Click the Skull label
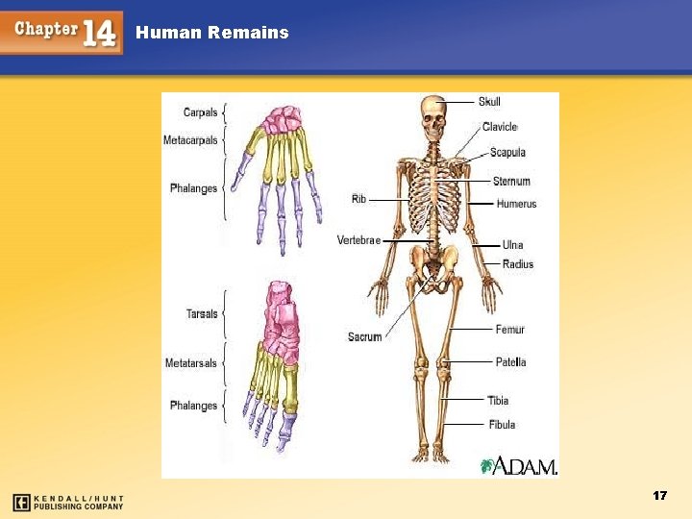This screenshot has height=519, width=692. coord(489,102)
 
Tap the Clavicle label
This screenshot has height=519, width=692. coord(500,127)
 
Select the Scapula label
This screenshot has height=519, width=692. coord(507,152)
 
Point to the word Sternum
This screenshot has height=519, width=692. coord(511,181)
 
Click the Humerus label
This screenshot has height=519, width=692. coord(516,204)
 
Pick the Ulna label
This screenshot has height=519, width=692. coord(512,245)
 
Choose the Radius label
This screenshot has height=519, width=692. coord(518,264)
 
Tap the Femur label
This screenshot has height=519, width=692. coord(510,330)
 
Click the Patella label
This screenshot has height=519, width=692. coord(510,362)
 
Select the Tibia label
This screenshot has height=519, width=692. coord(498,400)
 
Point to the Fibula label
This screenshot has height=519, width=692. coord(501,424)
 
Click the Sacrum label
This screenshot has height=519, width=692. coord(365,336)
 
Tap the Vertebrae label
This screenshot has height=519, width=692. coord(359,239)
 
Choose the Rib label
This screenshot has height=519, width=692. coord(358,199)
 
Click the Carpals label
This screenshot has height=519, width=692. coord(200,112)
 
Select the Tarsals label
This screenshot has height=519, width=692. coord(202,313)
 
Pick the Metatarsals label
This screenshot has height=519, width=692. coord(191,363)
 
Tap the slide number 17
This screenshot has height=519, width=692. coord(659,495)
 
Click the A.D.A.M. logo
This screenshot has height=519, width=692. coord(519,466)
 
